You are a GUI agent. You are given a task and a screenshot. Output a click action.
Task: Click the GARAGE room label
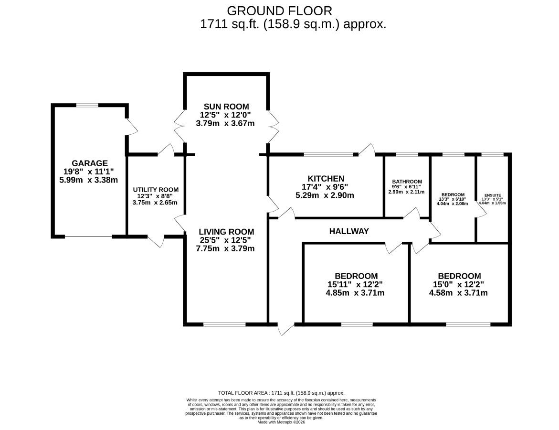89,163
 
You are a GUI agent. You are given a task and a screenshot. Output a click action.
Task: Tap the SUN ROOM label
226,107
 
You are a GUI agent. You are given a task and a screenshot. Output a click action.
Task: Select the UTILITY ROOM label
156,190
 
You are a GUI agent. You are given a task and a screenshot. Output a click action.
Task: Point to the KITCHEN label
326,178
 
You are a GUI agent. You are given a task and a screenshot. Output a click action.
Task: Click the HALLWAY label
349,231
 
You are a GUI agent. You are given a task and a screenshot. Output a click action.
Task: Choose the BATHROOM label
407,182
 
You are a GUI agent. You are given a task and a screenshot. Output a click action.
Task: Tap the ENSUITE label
493,195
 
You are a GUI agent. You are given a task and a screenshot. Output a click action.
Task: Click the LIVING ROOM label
226,232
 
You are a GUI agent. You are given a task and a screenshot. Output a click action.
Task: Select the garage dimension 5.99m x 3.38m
89,180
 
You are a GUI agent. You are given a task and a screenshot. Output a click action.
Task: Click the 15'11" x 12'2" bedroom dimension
355,284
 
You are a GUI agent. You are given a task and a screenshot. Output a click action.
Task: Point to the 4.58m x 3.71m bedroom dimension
458,293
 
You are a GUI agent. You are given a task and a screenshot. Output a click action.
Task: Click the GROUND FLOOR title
280,11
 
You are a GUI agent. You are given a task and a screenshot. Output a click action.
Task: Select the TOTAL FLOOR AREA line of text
281,393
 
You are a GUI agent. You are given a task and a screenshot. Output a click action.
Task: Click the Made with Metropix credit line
281,422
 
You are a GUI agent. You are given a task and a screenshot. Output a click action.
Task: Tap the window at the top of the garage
87,105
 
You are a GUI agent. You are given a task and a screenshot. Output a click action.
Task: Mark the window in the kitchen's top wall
328,154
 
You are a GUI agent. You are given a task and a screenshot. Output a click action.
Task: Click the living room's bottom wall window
224,324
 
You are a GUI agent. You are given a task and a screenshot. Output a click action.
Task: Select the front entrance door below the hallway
286,328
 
